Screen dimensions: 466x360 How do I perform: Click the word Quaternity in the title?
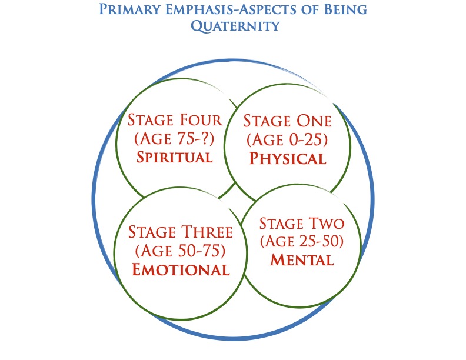click(235, 26)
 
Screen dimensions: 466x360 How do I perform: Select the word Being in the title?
click(345, 9)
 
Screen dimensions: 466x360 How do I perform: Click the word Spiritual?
click(175, 157)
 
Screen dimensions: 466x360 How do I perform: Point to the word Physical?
click(288, 158)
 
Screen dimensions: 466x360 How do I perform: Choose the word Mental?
click(302, 260)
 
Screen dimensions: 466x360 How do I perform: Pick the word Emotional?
click(181, 269)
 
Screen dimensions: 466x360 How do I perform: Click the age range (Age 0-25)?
click(287, 139)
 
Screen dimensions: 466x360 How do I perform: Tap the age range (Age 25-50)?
click(302, 241)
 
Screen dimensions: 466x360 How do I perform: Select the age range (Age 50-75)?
click(181, 251)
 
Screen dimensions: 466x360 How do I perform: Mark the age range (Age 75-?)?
click(174, 138)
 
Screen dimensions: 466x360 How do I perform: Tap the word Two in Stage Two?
click(327, 224)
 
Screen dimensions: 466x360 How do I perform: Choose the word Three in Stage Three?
click(207, 232)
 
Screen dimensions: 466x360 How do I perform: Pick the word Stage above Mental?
click(281, 224)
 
